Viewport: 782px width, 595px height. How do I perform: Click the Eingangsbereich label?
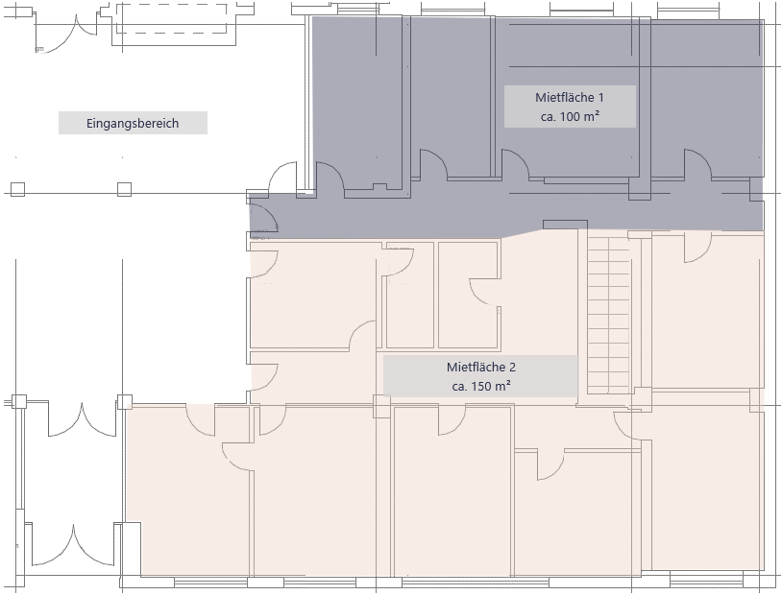pyautogui.click(x=133, y=123)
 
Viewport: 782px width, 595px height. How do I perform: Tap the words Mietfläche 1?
pyautogui.click(x=570, y=97)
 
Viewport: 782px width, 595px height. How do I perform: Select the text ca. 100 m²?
pyautogui.click(x=570, y=116)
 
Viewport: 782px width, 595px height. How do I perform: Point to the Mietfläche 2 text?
pyautogui.click(x=480, y=368)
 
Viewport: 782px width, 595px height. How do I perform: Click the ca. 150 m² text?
pyautogui.click(x=480, y=386)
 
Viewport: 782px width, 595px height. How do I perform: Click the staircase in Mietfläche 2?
pyautogui.click(x=609, y=312)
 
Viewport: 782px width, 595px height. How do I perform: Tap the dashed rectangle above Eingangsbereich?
pyautogui.click(x=172, y=18)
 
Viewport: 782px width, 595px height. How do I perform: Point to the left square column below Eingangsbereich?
pyautogui.click(x=17, y=189)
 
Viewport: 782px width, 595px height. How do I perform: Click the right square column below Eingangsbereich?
pyautogui.click(x=124, y=189)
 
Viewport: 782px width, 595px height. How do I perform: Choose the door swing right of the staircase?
pyautogui.click(x=697, y=247)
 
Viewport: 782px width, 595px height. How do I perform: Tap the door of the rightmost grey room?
pyautogui.click(x=698, y=163)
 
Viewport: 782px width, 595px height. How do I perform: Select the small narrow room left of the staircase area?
pyautogui.click(x=410, y=295)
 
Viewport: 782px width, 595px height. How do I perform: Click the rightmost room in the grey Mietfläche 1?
pyautogui.click(x=707, y=98)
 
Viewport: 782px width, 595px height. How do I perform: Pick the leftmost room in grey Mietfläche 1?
pyautogui.click(x=357, y=102)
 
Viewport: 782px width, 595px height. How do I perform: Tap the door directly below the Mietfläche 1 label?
pyautogui.click(x=515, y=163)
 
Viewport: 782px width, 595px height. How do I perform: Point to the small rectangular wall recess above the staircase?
pyautogui.click(x=565, y=225)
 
